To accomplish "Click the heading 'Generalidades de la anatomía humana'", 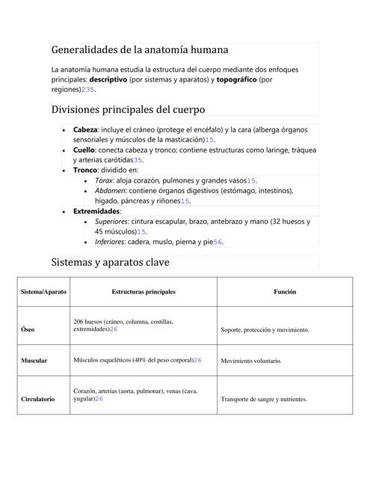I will pyautogui.click(x=140, y=50).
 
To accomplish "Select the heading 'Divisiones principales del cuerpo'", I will pyautogui.click(x=128, y=110).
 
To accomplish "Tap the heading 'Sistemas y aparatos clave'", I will pyautogui.click(x=110, y=263).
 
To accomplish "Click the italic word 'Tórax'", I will pyautogui.click(x=105, y=180).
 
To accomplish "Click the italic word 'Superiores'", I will pyautogui.click(x=111, y=222).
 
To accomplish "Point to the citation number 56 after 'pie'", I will pyautogui.click(x=218, y=242).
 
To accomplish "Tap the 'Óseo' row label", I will pyautogui.click(x=28, y=329).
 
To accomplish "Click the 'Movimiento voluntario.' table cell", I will pyautogui.click(x=251, y=361).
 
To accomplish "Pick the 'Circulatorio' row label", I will pyautogui.click(x=38, y=400).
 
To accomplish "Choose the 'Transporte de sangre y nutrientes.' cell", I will pyautogui.click(x=264, y=400).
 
